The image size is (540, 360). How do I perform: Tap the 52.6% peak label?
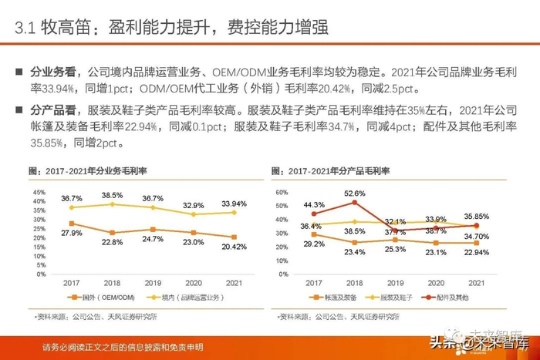click(355, 193)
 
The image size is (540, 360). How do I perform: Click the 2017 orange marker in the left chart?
click(73, 224)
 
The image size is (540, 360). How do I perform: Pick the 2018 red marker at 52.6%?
click(355, 203)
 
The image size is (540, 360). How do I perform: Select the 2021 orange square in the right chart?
click(477, 242)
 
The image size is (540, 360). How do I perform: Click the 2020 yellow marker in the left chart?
click(194, 214)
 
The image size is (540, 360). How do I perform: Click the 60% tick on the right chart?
click(282, 192)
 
